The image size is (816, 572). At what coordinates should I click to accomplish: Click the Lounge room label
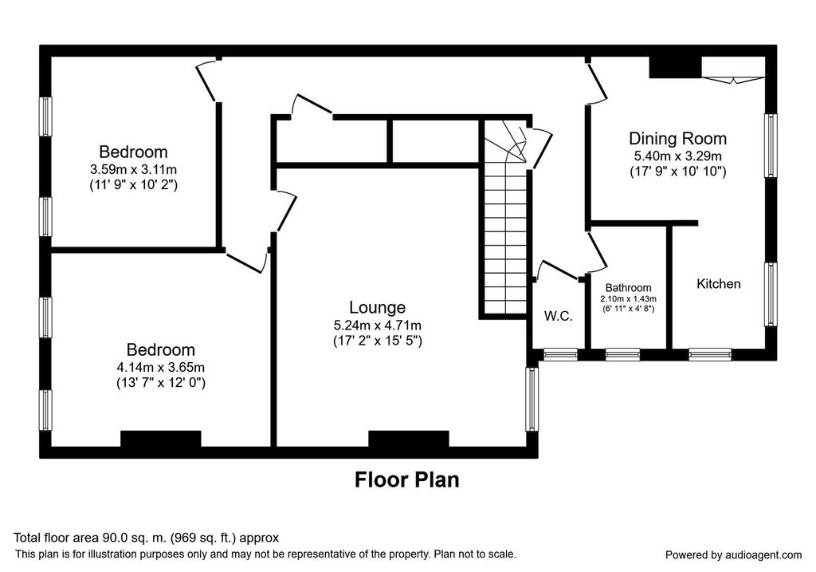click(377, 307)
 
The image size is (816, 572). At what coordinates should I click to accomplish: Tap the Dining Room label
click(677, 139)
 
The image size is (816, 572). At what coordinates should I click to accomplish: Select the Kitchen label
click(718, 284)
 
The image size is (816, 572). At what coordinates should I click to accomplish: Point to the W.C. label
click(559, 316)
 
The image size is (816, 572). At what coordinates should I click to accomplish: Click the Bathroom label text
click(628, 287)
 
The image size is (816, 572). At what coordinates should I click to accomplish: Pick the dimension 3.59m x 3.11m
click(133, 169)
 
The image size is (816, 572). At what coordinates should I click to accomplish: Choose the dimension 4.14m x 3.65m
click(161, 367)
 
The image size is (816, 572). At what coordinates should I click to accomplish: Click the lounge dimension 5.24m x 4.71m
click(377, 325)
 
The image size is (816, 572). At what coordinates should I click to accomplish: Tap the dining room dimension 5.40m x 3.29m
click(677, 156)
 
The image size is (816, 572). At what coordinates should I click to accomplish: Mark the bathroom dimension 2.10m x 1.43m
click(628, 299)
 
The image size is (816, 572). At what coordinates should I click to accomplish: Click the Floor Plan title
click(407, 479)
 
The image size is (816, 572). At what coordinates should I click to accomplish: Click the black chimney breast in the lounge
click(409, 439)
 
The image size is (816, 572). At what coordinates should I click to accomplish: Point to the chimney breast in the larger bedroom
click(161, 439)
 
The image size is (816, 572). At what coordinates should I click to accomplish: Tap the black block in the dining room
click(676, 67)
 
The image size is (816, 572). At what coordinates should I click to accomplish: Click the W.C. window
click(560, 355)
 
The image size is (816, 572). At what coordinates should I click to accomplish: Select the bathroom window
click(623, 355)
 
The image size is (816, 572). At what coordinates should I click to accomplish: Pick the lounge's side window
click(532, 399)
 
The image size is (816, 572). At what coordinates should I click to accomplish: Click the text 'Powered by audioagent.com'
click(733, 555)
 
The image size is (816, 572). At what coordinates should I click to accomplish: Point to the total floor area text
click(147, 538)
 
